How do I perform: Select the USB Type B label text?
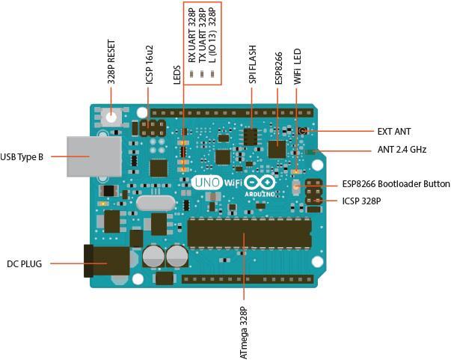click(22, 156)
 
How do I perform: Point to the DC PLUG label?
click(25, 263)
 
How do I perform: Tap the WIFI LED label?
click(297, 65)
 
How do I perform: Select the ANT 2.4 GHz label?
click(402, 150)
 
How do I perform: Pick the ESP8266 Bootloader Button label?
click(396, 184)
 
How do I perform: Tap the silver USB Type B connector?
click(93, 156)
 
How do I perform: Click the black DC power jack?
click(105, 262)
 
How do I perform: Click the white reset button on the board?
click(111, 117)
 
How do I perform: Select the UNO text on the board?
click(206, 182)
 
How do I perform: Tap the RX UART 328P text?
click(192, 35)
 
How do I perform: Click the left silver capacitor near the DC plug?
click(153, 257)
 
